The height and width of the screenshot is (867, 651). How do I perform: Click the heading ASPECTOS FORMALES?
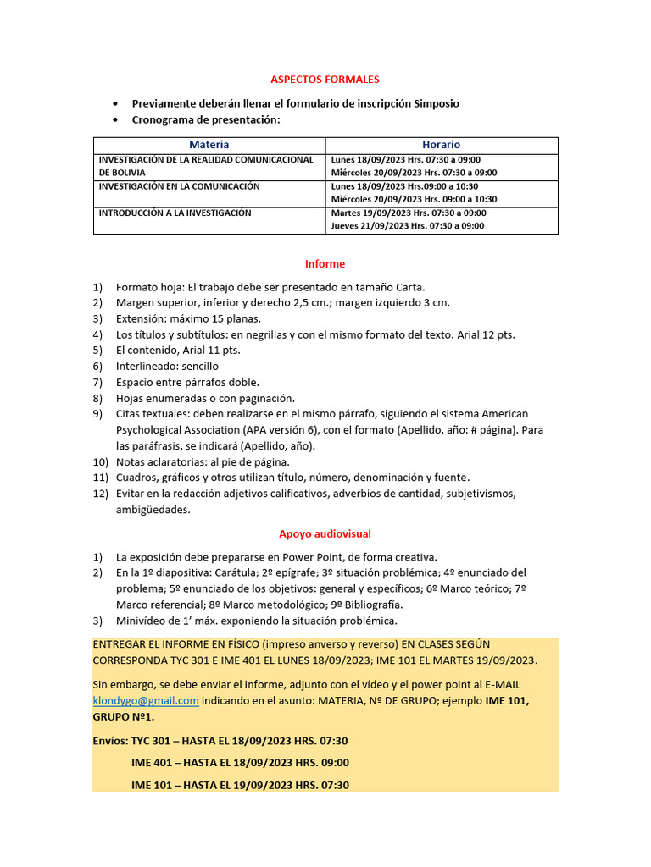[325, 79]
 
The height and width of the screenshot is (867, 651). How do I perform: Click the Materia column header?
[209, 145]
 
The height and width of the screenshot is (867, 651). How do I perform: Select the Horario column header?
[441, 145]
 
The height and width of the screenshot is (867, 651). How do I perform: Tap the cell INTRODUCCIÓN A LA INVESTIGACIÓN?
[175, 213]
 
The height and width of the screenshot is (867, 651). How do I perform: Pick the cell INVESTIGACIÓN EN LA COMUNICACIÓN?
[180, 186]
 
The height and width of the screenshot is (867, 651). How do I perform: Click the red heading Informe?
[325, 263]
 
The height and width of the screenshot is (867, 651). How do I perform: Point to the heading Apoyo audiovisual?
[325, 533]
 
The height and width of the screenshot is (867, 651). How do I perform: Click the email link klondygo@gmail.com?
[146, 700]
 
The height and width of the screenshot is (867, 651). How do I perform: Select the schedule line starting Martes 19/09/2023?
[408, 213]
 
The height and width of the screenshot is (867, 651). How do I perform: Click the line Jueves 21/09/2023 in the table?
[408, 226]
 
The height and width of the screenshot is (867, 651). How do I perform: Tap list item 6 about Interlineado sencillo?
[167, 366]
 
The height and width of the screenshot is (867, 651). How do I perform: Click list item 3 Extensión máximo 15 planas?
[188, 318]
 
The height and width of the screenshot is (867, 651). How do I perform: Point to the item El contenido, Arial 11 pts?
[177, 350]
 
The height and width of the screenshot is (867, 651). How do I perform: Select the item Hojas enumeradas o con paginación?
[205, 398]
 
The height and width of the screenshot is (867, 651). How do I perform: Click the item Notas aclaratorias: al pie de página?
[203, 461]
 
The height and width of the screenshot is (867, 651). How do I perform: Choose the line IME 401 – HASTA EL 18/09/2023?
[240, 763]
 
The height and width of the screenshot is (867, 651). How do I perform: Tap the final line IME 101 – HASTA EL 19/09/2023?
[240, 785]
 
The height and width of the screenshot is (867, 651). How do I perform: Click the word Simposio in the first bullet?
[436, 103]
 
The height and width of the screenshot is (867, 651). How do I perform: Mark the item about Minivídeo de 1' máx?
[256, 621]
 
